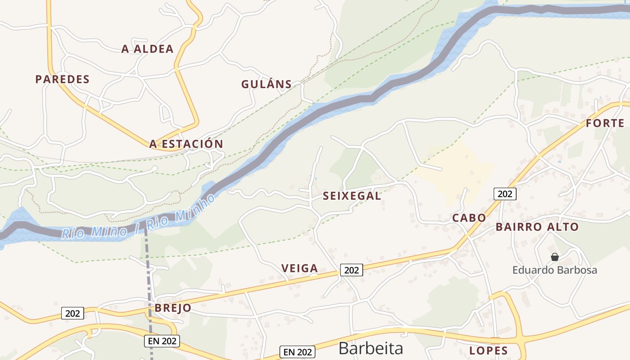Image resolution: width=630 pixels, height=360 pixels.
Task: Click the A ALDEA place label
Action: click(x=147, y=49)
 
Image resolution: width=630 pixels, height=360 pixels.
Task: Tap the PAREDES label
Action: click(x=63, y=79)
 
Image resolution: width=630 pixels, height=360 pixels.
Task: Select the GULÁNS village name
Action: click(x=266, y=84)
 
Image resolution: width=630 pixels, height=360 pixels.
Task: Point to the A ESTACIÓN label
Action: click(x=186, y=144)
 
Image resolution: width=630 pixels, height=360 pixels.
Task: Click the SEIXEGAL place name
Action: click(x=352, y=196)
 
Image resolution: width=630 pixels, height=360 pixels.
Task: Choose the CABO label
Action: click(x=469, y=218)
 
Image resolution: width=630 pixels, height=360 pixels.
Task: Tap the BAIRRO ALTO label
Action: click(x=537, y=227)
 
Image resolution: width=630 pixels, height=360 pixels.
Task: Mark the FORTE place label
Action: click(x=605, y=123)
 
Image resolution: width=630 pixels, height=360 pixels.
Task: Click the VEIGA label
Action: click(x=300, y=268)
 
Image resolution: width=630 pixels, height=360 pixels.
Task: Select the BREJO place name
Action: click(x=173, y=308)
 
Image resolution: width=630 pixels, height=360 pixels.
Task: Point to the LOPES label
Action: click(x=488, y=351)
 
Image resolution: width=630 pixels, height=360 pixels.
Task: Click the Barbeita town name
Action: click(x=370, y=348)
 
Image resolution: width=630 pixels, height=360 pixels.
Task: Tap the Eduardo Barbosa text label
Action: click(x=554, y=270)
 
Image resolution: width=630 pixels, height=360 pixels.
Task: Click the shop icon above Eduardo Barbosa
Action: click(x=554, y=257)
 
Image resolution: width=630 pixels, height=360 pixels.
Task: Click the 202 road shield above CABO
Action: click(x=505, y=194)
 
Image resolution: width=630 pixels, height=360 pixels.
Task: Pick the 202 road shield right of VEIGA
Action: click(x=351, y=270)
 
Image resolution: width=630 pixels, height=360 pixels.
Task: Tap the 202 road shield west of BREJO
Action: click(x=72, y=313)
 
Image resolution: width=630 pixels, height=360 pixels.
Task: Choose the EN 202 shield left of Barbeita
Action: click(x=297, y=351)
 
